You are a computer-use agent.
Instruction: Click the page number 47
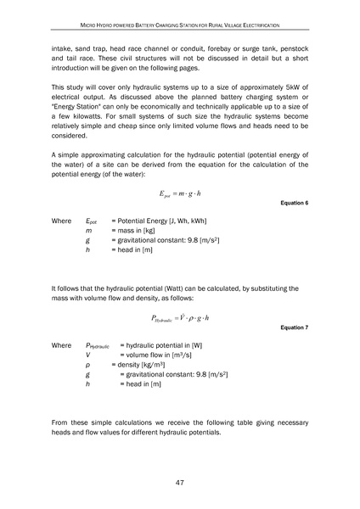tap(180, 483)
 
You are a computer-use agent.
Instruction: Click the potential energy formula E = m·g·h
tap(180, 194)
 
